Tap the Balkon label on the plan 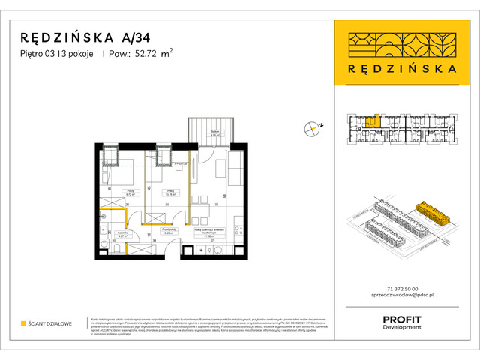tap(214, 133)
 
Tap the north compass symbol tap(313, 128)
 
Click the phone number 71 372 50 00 tap(401, 289)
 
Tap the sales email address tap(401, 297)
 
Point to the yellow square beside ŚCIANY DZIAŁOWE tap(24, 323)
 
